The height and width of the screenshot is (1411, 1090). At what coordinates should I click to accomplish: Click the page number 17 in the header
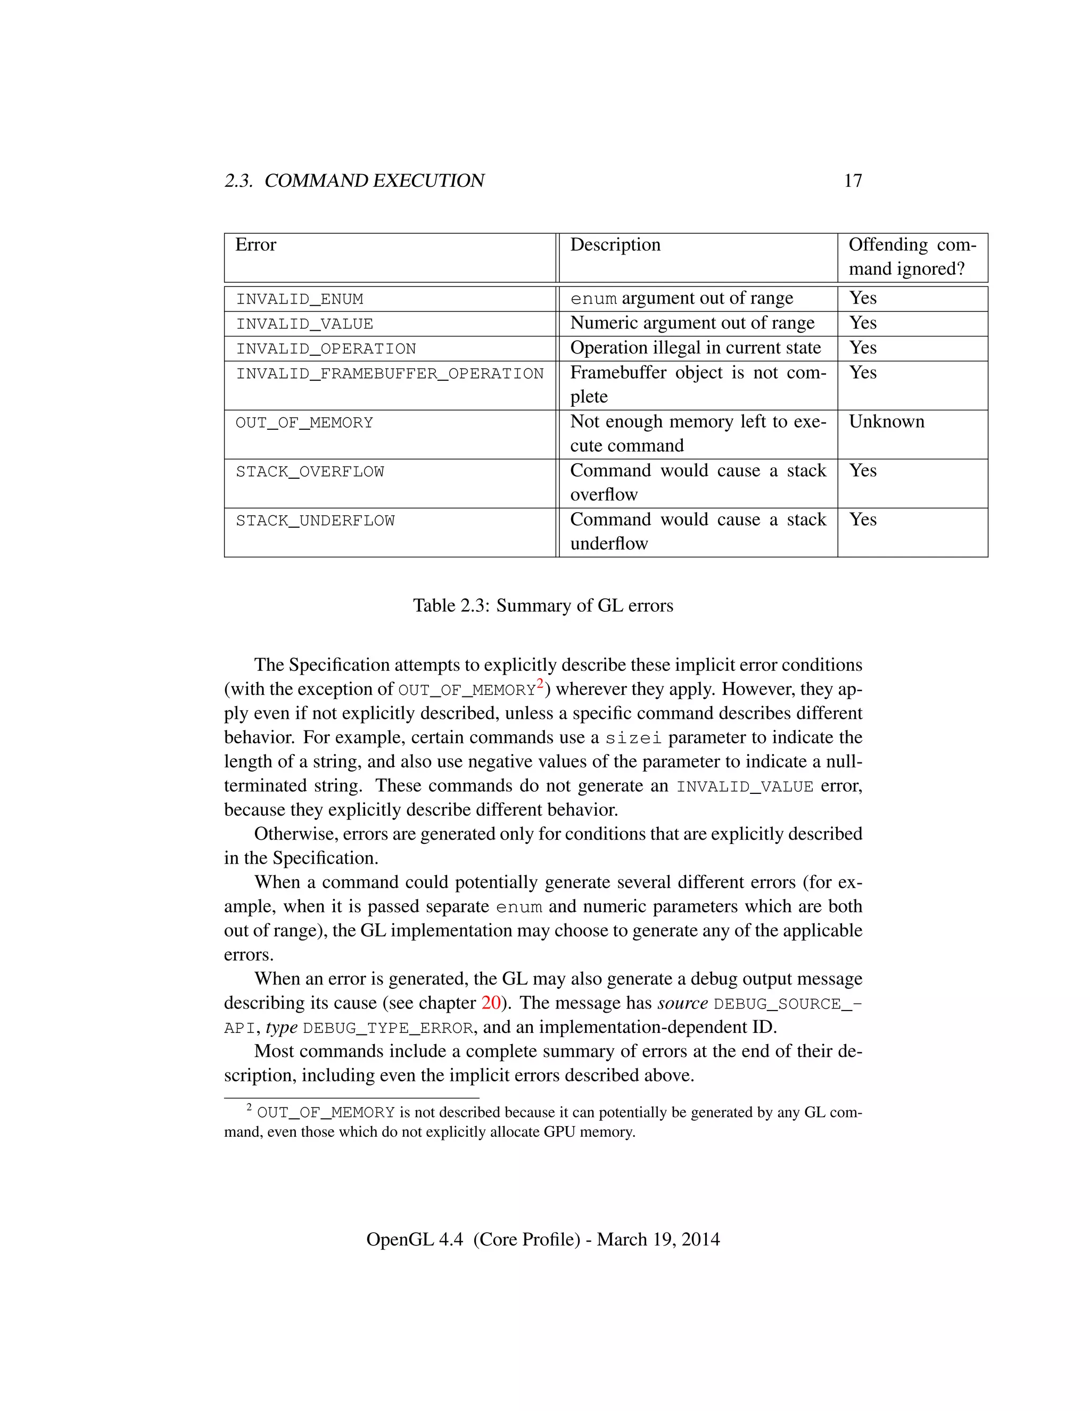coord(853,181)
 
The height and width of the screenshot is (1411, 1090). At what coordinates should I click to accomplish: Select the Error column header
coord(255,245)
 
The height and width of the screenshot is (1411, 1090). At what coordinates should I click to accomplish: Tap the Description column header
coord(615,245)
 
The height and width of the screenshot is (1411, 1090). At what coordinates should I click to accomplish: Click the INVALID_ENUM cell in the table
coord(300,299)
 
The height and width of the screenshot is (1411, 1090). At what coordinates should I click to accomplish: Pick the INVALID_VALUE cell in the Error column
coord(304,324)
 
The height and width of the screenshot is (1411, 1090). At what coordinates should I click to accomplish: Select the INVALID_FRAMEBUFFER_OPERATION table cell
coord(390,373)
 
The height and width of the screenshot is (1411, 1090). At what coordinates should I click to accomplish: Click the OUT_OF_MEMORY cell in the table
coord(304,423)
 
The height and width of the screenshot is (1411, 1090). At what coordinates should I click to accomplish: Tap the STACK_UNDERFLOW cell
coord(315,521)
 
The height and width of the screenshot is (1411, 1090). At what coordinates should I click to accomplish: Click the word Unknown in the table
coord(886,422)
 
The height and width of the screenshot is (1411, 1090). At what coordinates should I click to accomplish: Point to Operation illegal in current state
coord(695,348)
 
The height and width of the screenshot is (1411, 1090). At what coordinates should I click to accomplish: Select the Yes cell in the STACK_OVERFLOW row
coord(863,471)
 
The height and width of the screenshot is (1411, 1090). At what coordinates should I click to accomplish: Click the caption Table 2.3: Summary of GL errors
coord(543,605)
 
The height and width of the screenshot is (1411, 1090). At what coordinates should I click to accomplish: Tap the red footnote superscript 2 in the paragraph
coord(541,684)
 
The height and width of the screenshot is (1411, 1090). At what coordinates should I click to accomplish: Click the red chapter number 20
coord(491,1003)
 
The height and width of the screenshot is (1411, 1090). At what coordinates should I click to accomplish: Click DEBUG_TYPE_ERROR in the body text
coord(388,1028)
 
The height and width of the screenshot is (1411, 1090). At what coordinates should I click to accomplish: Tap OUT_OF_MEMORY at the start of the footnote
coord(325,1112)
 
